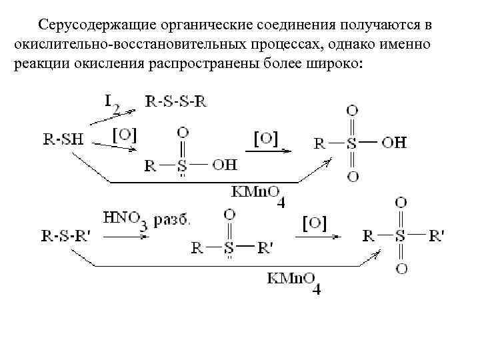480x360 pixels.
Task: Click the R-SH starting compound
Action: pyautogui.click(x=63, y=139)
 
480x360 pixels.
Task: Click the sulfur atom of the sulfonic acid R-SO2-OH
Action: pyautogui.click(x=352, y=142)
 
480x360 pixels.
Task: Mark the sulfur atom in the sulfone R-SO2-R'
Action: pyautogui.click(x=399, y=235)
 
